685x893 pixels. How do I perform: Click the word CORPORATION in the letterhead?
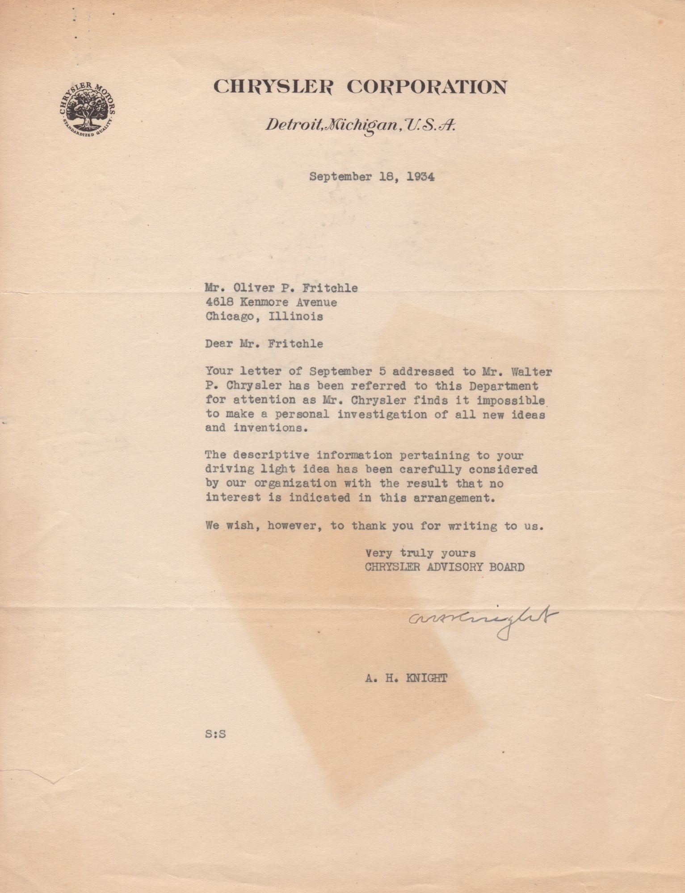click(x=427, y=87)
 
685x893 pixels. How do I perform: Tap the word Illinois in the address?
click(x=295, y=317)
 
